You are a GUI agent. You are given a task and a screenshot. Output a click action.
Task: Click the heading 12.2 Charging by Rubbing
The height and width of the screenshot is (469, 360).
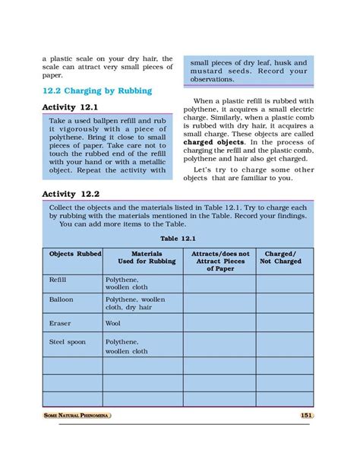[96, 91]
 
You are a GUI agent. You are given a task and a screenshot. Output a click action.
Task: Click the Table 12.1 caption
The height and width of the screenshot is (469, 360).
[178, 237]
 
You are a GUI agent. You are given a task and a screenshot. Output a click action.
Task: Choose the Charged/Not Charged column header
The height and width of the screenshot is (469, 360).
[280, 257]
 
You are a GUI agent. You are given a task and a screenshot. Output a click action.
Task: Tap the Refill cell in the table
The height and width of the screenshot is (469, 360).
[58, 280]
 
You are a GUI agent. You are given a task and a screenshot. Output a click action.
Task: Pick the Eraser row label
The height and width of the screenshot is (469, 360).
[60, 323]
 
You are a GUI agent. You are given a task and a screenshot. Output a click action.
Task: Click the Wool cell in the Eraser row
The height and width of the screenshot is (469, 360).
[113, 323]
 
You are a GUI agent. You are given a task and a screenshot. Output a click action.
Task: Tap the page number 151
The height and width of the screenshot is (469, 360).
[306, 415]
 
